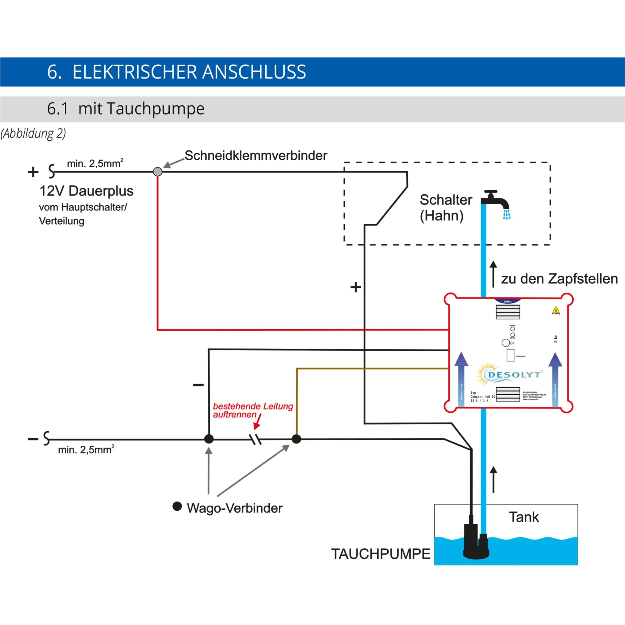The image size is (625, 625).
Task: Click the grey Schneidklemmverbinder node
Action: (x=157, y=172)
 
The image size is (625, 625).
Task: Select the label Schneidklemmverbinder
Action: (x=256, y=156)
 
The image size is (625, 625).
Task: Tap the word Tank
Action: (x=524, y=517)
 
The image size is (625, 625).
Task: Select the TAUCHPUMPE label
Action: (x=380, y=554)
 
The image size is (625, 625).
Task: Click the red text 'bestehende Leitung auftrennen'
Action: (x=252, y=410)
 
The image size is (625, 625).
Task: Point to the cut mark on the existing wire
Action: (x=256, y=439)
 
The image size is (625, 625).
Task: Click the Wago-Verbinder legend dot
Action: (x=177, y=506)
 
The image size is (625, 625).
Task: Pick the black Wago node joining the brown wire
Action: (x=296, y=439)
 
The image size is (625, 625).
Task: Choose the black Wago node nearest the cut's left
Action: (x=209, y=439)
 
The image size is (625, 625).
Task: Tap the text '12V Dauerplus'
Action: (x=86, y=191)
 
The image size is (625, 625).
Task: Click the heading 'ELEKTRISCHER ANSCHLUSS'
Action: (x=189, y=72)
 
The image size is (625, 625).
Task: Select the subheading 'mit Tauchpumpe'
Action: (x=141, y=109)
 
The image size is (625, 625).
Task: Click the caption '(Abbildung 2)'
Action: (x=33, y=133)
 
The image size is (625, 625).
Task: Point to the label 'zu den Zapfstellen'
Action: (x=559, y=279)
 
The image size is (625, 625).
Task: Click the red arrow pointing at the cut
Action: (x=257, y=422)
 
